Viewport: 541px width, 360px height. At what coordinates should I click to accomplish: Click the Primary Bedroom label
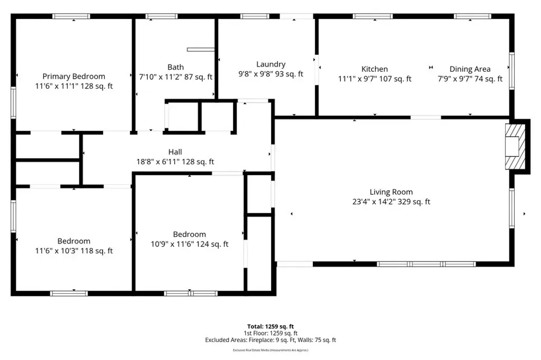pos(74,76)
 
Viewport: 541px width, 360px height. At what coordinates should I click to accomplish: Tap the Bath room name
pos(175,67)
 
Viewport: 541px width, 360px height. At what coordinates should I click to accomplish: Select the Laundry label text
pos(271,64)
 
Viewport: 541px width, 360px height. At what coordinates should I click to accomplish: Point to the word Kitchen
pos(375,69)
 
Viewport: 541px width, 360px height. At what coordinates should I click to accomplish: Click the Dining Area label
pos(470,69)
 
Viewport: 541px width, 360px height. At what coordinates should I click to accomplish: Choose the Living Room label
pos(391,192)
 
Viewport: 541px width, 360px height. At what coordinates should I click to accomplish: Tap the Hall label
pos(175,151)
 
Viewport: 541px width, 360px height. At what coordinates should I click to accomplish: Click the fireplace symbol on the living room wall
pos(516,147)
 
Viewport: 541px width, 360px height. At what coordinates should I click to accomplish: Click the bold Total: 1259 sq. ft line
pos(270,326)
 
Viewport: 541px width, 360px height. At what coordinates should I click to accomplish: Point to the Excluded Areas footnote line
pos(270,340)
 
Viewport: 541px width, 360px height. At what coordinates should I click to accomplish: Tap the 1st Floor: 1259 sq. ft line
pos(270,333)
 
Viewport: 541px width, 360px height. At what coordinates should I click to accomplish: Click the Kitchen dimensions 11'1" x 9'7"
pos(356,79)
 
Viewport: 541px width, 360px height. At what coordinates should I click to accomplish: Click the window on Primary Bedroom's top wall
pos(71,16)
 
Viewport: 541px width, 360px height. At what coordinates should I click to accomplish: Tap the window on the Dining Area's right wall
pos(512,71)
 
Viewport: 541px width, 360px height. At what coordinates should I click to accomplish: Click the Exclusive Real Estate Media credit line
pos(270,350)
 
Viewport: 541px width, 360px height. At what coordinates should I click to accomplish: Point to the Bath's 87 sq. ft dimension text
pos(199,77)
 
